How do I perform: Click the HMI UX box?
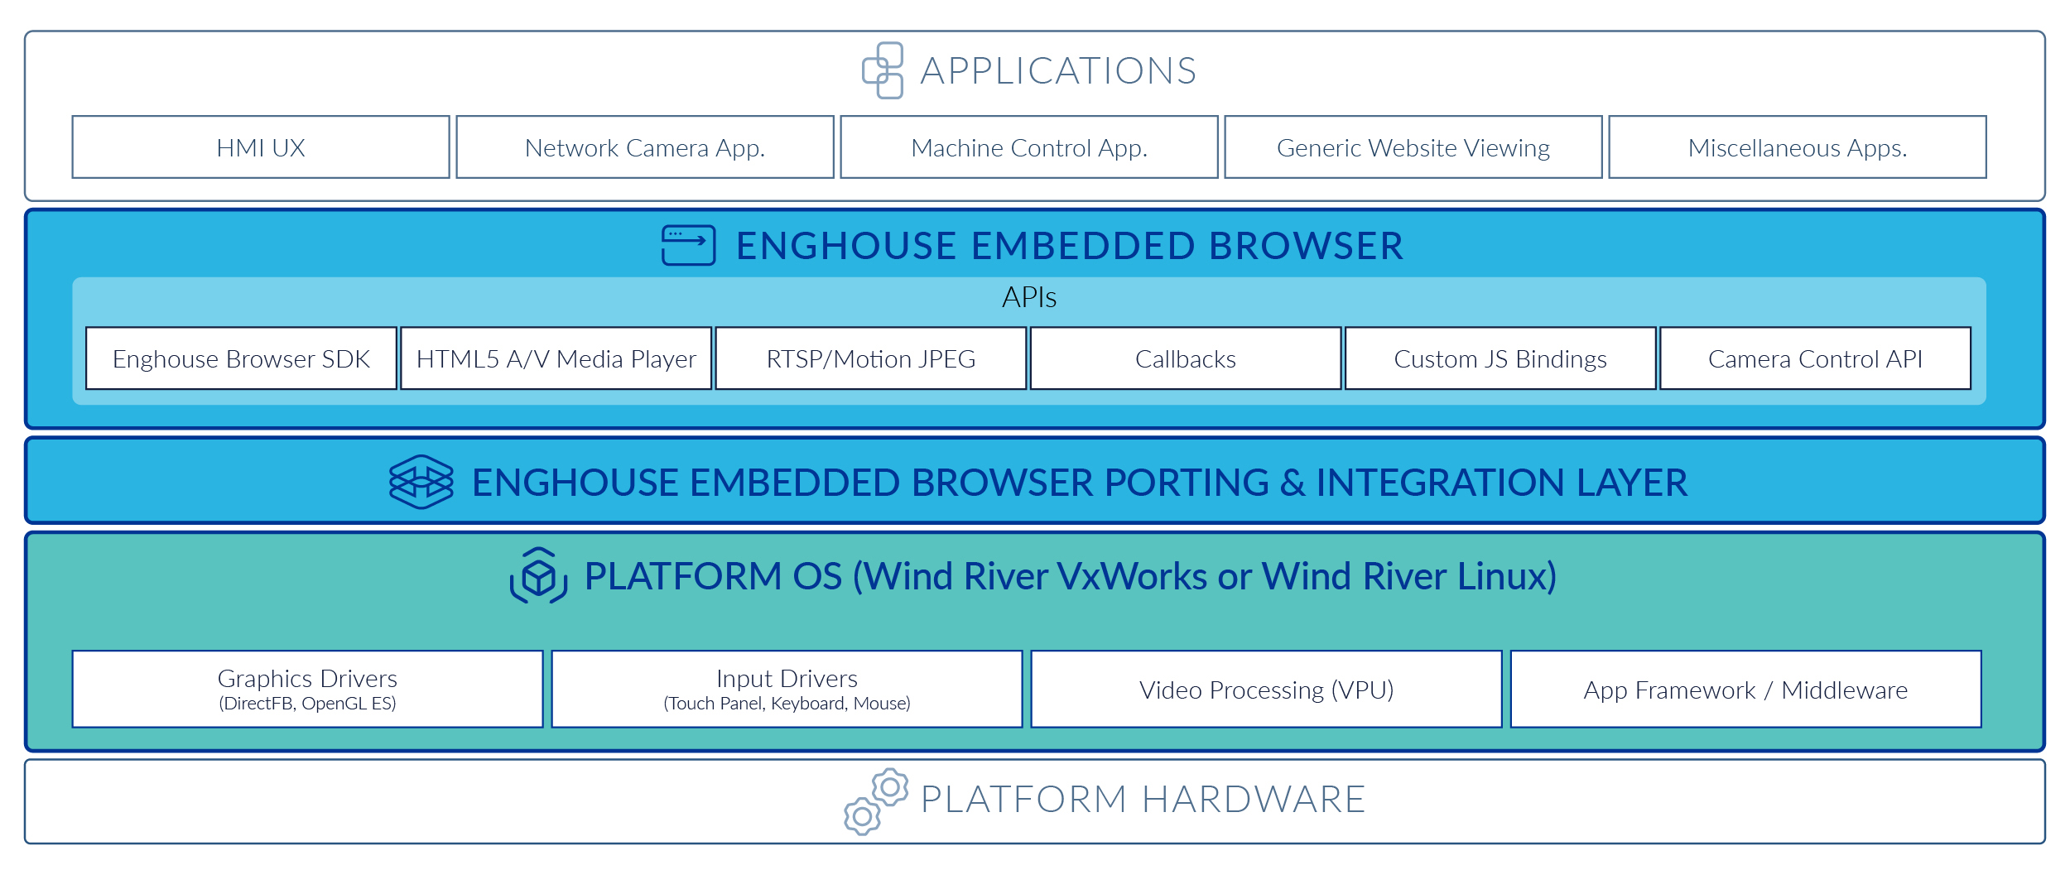click(x=261, y=147)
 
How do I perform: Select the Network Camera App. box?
click(x=645, y=147)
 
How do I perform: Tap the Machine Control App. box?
click(x=1029, y=147)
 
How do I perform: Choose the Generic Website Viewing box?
click(x=1413, y=147)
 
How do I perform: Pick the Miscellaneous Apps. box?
click(x=1798, y=147)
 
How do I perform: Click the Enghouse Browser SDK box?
click(x=241, y=358)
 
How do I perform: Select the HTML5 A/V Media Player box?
click(x=556, y=358)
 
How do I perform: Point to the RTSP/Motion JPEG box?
click(x=871, y=358)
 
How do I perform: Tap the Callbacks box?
click(x=1186, y=358)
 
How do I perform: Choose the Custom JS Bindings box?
click(x=1500, y=358)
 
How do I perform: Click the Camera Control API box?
click(x=1815, y=358)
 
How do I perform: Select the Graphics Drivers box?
click(x=307, y=690)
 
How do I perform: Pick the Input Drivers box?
click(x=787, y=690)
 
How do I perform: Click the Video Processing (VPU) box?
click(x=1266, y=690)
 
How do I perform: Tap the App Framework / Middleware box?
click(x=1745, y=690)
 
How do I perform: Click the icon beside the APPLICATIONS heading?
click(x=883, y=70)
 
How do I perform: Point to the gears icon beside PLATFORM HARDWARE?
click(x=876, y=801)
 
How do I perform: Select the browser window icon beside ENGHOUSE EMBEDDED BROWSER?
click(x=688, y=246)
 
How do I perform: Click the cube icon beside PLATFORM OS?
click(x=538, y=575)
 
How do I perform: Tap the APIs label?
click(x=1029, y=297)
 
